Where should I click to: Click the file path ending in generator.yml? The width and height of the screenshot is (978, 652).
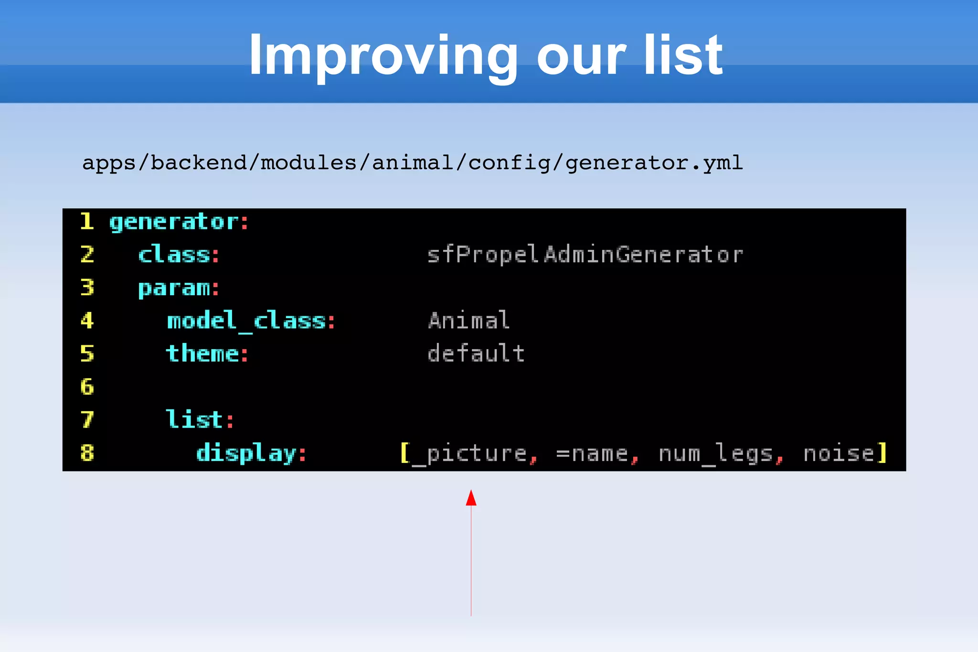(412, 163)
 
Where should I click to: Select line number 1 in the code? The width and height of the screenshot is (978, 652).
(87, 222)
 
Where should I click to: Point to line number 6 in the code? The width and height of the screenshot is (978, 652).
(87, 386)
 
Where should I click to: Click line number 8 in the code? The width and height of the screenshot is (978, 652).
(87, 452)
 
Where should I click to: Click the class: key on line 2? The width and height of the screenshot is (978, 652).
(179, 255)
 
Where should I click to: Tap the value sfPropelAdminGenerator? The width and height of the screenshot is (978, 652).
(585, 255)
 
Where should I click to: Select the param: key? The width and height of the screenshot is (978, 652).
(179, 288)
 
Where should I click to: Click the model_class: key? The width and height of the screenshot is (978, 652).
(251, 321)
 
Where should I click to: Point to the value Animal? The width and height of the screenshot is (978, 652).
(469, 321)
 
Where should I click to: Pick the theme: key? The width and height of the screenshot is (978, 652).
(207, 354)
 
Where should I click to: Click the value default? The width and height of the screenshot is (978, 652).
(476, 354)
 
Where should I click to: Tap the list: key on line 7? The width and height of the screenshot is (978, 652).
(200, 420)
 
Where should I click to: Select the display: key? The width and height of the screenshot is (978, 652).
(251, 453)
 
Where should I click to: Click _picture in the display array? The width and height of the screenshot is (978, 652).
(469, 453)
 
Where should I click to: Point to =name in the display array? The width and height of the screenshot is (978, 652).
(592, 453)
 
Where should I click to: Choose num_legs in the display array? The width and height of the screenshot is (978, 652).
(715, 453)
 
